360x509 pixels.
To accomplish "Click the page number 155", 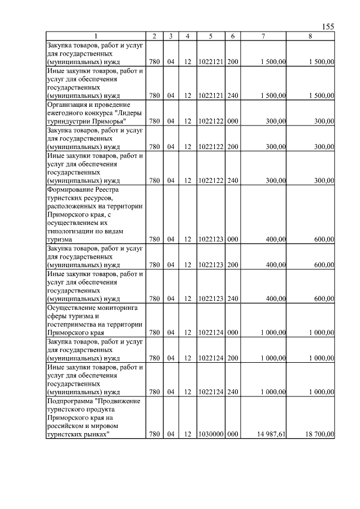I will [328, 27].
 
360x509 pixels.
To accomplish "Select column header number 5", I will [210, 36].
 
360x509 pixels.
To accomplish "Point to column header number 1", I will [95, 36].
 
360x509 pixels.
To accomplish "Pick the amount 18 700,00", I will [319, 434].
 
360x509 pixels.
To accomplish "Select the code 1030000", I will [210, 434].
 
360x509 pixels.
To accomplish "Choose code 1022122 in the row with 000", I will [210, 121].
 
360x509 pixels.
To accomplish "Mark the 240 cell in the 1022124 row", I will [232, 391].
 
